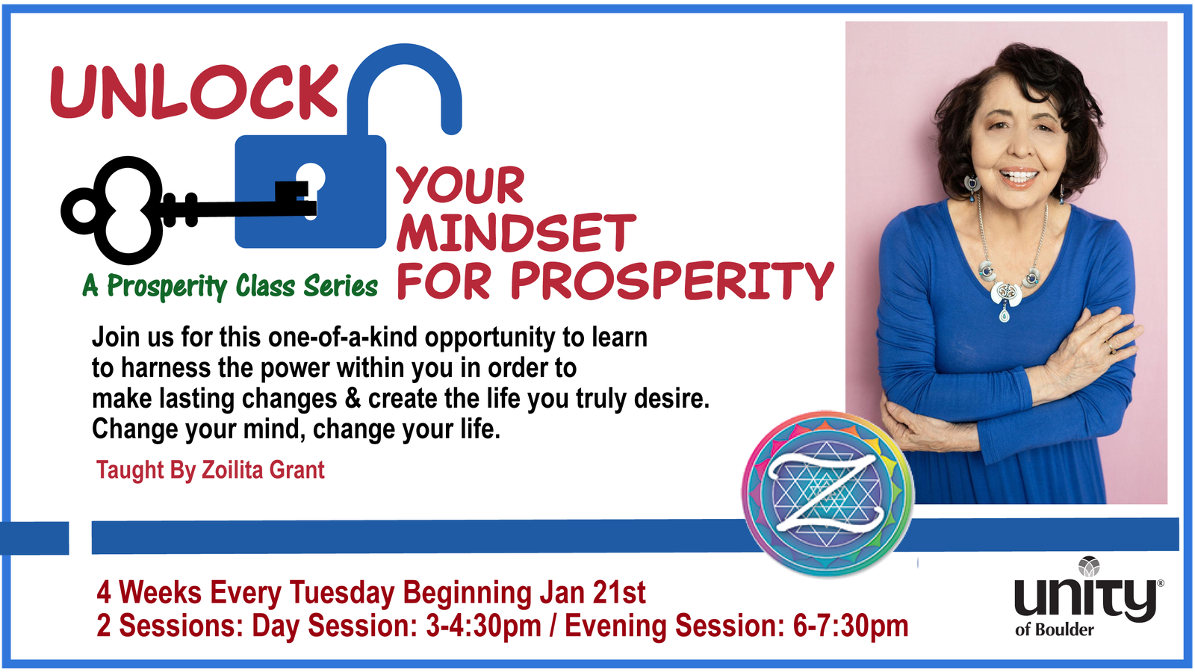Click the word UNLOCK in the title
click(x=194, y=92)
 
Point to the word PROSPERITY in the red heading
click(x=671, y=280)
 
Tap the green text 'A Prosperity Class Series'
click(x=230, y=287)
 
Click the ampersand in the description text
click(x=352, y=399)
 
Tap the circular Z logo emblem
click(x=828, y=494)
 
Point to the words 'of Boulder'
click(x=1055, y=630)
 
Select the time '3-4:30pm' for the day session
click(x=483, y=626)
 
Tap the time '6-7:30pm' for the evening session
click(x=851, y=626)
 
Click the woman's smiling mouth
click(x=1019, y=176)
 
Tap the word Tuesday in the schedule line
click(x=342, y=593)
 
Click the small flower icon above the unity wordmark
click(x=1088, y=567)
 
